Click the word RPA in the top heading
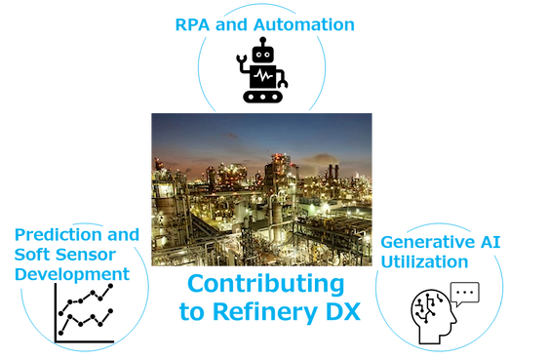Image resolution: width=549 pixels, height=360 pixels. click(x=193, y=24)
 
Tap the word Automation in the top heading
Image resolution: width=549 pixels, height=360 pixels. click(x=304, y=24)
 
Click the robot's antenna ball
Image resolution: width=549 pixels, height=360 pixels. click(x=263, y=40)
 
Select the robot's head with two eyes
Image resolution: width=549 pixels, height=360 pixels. click(x=263, y=55)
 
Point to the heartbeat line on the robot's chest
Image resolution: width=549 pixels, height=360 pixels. click(x=263, y=75)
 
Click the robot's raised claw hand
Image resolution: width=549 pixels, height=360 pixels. click(x=241, y=60)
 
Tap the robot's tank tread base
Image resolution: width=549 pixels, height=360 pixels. click(x=262, y=97)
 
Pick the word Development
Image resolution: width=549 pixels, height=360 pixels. click(x=72, y=274)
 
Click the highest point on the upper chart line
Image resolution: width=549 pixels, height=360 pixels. click(x=110, y=286)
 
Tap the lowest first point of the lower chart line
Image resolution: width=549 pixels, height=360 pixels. click(x=60, y=333)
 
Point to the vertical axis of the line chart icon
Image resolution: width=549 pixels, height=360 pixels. click(x=56, y=313)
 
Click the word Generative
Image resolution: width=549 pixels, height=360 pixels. click(x=428, y=242)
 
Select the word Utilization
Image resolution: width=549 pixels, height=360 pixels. click(x=424, y=261)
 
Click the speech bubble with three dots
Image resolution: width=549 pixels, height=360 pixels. click(x=464, y=295)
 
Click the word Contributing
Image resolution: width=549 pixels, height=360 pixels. click(x=266, y=284)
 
